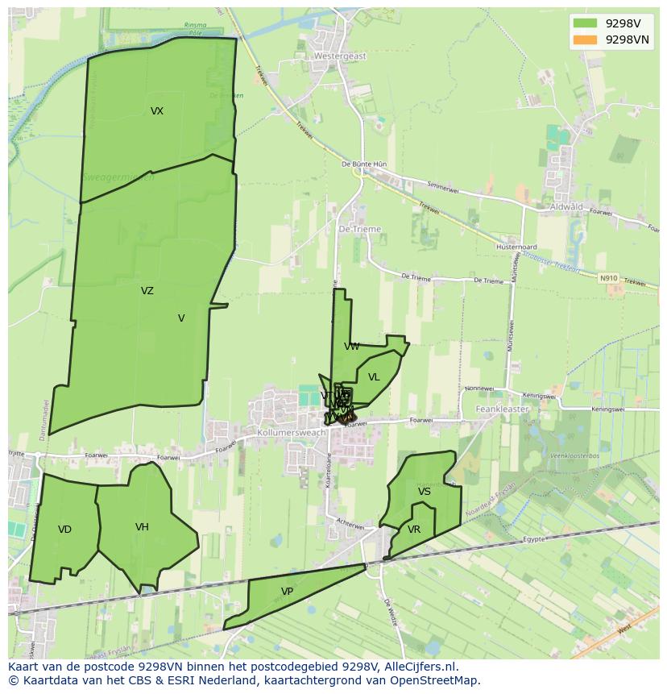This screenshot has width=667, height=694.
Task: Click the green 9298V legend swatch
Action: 586,23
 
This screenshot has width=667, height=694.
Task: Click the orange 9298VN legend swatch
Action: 586,39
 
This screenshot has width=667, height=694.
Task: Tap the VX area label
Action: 157,111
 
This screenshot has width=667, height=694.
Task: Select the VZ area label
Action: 147,291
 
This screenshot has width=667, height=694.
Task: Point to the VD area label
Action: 65,530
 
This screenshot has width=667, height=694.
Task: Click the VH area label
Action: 142,527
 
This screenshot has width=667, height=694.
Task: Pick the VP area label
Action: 287,592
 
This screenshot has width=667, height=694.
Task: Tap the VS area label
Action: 425,492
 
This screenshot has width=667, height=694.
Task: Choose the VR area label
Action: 414,530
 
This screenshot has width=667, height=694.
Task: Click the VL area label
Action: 374,377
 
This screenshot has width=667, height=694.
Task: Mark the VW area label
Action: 352,347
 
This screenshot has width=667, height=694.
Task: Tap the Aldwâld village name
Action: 565,207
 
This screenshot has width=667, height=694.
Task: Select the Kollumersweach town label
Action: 291,433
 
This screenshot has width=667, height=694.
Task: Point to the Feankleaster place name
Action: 501,409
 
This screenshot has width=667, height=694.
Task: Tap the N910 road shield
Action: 608,278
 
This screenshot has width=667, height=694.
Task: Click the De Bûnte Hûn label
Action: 364,164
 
